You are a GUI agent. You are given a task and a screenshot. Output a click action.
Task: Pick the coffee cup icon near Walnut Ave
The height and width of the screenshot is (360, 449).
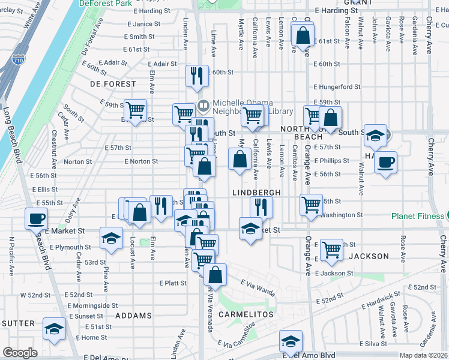385,161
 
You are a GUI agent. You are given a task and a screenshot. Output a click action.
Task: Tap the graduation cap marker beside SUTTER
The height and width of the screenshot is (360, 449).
54,329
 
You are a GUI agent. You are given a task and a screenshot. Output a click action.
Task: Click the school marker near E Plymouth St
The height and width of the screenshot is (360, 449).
111,238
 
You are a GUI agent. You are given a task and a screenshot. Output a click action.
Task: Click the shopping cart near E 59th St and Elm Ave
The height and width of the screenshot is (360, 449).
136,110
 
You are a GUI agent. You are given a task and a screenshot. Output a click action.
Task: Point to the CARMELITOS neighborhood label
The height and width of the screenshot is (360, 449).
246,314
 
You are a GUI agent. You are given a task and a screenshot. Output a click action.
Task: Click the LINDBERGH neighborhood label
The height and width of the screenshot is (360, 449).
257,192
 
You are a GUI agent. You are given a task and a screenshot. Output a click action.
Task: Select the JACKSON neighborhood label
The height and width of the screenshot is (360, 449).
369,256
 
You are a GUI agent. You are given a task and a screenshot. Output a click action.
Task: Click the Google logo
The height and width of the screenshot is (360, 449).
20,353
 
